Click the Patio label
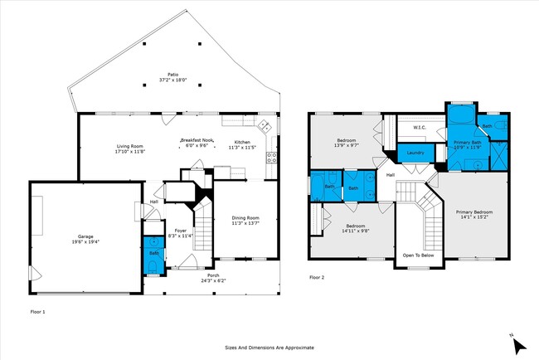coord(172,75)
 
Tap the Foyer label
coord(180,231)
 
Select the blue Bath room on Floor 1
coord(153,255)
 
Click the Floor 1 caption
coord(37,311)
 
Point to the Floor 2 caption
coord(317,277)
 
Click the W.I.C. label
coord(419,127)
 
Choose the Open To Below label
coord(419,255)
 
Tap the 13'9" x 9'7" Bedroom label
coord(347,143)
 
